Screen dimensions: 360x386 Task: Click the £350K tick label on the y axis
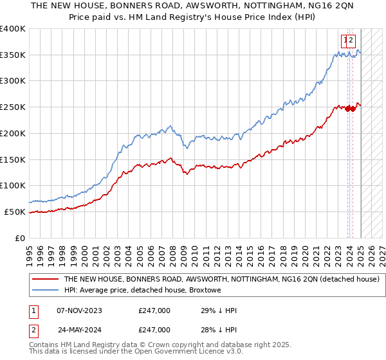[x=13, y=55]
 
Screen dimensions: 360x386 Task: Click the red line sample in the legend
[x=45, y=279]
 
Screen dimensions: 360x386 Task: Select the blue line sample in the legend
[x=45, y=291]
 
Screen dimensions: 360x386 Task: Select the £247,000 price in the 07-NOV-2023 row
[x=154, y=310]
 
